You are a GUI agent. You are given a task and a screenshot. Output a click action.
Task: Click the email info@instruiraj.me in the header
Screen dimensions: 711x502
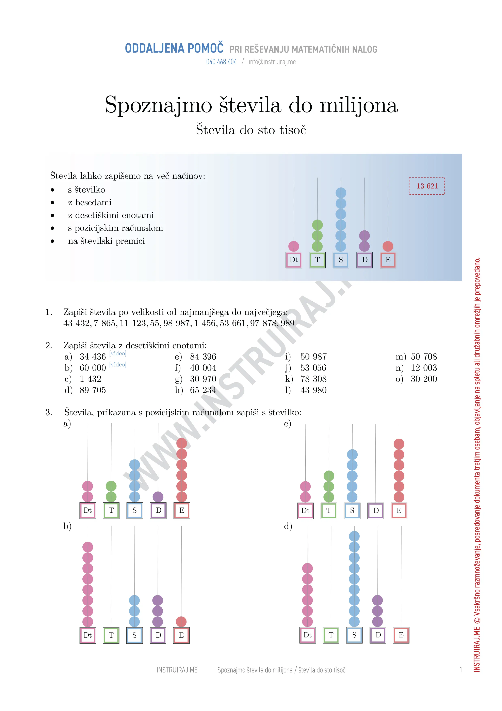272,62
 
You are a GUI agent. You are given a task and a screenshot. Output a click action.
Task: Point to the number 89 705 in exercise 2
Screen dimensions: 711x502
93,390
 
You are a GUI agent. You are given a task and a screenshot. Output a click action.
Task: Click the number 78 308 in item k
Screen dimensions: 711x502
313,379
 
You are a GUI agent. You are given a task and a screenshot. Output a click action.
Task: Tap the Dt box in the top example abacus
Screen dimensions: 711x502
294,260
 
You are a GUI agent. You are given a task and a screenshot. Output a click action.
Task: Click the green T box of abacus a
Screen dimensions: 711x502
111,510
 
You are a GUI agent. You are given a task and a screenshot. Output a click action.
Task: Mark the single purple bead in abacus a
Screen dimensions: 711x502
158,497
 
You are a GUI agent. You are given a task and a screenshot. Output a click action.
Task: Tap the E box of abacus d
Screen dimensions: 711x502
401,635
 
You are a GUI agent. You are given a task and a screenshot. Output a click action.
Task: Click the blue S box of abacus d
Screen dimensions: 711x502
354,635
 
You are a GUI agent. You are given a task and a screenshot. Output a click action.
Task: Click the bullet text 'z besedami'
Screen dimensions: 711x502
90,202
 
